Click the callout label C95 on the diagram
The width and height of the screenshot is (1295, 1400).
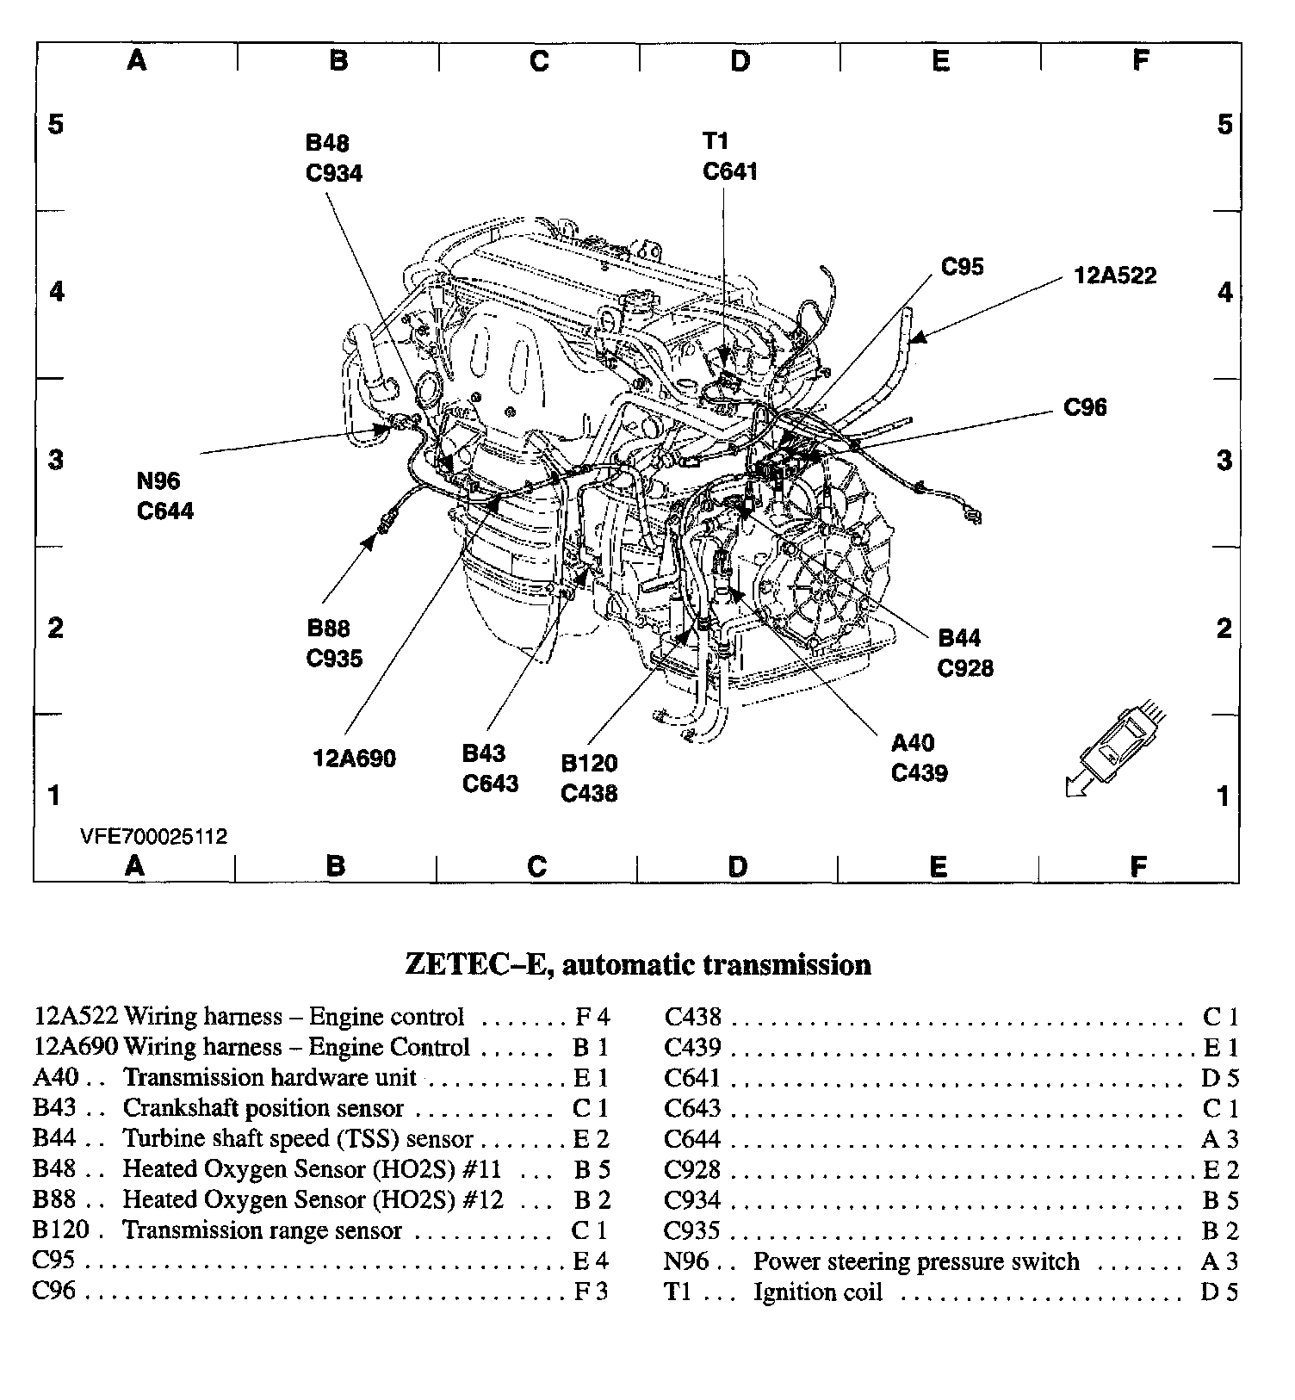pos(962,267)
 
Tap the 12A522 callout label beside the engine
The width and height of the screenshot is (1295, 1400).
pos(1115,276)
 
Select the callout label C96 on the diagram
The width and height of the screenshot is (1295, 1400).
pos(1085,407)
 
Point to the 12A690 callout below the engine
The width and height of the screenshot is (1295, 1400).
pos(354,759)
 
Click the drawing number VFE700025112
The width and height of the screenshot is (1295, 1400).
pos(154,837)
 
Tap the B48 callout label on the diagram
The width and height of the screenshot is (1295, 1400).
pos(327,143)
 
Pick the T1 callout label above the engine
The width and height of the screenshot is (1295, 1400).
pos(716,141)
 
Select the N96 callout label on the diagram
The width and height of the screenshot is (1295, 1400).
pos(158,481)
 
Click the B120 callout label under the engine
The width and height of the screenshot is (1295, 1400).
pos(589,764)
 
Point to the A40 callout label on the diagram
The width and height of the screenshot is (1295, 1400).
pos(912,743)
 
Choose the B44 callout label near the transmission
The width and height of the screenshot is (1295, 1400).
pos(959,638)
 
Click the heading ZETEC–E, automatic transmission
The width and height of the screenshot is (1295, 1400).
pos(638,964)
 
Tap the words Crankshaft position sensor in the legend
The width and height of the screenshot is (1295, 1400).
pos(263,1108)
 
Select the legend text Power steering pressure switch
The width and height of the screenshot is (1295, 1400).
pos(916,1261)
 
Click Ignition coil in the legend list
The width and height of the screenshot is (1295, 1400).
pos(818,1292)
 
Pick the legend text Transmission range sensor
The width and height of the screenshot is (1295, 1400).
pos(262,1230)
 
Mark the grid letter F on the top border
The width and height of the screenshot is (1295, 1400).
pos(1141,60)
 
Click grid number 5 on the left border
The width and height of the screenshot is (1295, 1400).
pos(56,125)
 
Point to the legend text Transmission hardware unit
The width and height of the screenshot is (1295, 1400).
pos(270,1077)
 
